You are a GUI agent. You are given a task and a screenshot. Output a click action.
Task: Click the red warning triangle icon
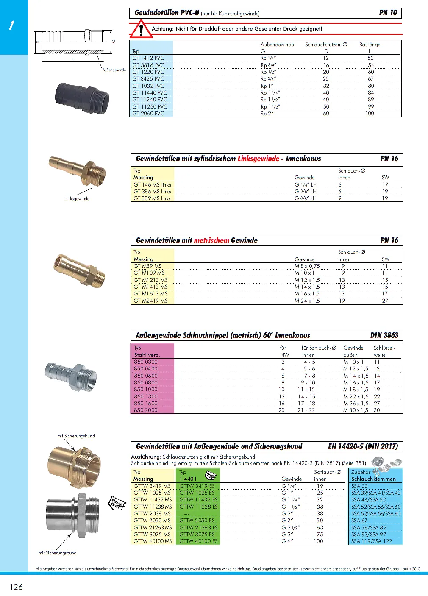(x=140, y=29)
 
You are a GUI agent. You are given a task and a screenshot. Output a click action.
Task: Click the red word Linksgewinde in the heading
(x=258, y=159)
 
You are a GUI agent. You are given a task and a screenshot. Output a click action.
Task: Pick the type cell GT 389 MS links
(x=152, y=198)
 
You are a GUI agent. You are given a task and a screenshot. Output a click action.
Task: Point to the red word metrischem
(x=211, y=240)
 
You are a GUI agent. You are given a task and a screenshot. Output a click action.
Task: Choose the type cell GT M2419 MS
(x=150, y=301)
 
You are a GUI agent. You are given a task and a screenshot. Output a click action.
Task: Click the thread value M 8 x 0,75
(x=307, y=266)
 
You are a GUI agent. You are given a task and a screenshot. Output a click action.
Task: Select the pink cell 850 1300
(x=146, y=396)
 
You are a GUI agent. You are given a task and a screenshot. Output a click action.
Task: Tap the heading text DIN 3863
(x=384, y=335)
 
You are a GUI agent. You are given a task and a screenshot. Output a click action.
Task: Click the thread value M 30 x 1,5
(x=356, y=410)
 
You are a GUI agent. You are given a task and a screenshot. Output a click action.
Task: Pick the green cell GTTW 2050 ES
(x=197, y=520)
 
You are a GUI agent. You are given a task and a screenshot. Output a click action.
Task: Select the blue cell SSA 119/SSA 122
(x=372, y=541)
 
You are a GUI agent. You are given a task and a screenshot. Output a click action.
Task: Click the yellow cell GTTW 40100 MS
(x=153, y=541)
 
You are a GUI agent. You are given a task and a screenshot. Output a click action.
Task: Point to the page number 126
(x=16, y=587)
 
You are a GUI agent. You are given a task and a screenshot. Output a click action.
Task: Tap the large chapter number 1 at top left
(x=11, y=25)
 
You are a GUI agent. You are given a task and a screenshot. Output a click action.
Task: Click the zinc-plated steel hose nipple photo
(x=71, y=374)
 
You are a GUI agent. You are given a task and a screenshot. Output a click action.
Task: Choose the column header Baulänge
(x=370, y=45)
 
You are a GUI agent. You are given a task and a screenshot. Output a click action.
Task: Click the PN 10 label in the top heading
(x=388, y=13)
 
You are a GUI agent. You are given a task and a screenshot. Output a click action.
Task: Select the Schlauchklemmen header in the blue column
(x=373, y=479)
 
